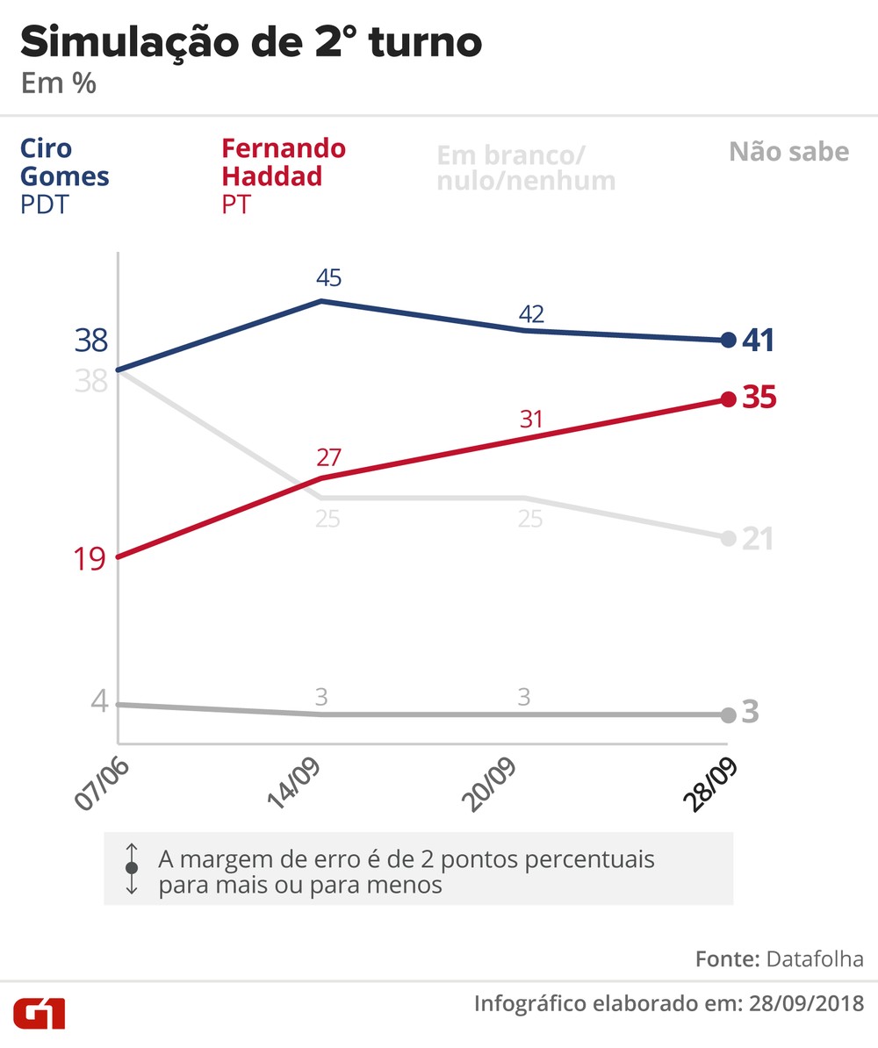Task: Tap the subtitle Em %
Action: click(58, 85)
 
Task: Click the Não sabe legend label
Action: click(788, 152)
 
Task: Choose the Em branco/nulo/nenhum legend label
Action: click(525, 168)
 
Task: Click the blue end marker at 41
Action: click(728, 340)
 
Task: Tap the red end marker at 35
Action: click(728, 399)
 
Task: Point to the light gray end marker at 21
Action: click(728, 538)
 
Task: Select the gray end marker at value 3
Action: click(728, 714)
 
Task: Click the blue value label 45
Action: click(329, 278)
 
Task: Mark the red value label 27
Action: click(329, 457)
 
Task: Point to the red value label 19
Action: click(90, 558)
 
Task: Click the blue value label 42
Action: click(530, 313)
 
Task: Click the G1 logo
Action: click(39, 1014)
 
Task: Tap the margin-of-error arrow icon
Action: click(132, 868)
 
